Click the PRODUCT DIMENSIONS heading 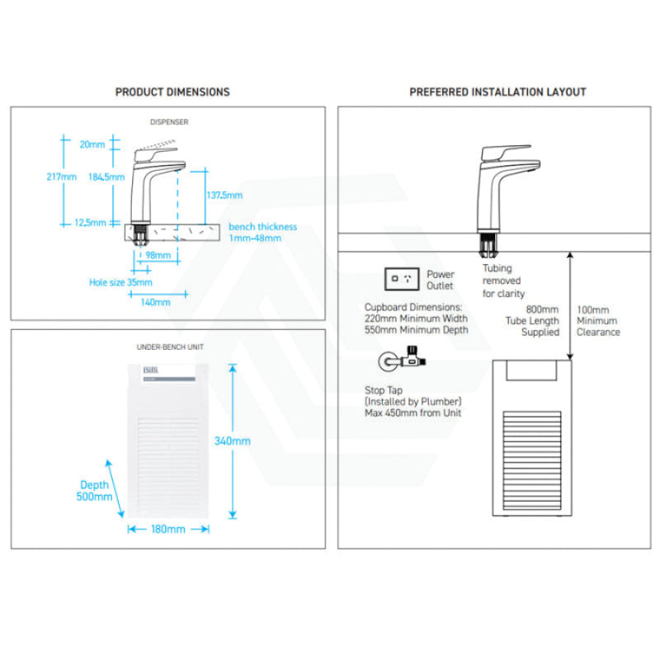172,92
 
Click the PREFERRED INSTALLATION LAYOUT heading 497,92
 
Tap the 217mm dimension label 63,177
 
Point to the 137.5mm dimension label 224,196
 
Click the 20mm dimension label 93,144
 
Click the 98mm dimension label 158,256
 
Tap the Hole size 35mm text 120,282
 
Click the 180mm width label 168,529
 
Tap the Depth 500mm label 95,491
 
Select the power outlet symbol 403,279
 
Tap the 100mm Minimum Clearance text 598,321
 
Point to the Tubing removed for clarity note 503,280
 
